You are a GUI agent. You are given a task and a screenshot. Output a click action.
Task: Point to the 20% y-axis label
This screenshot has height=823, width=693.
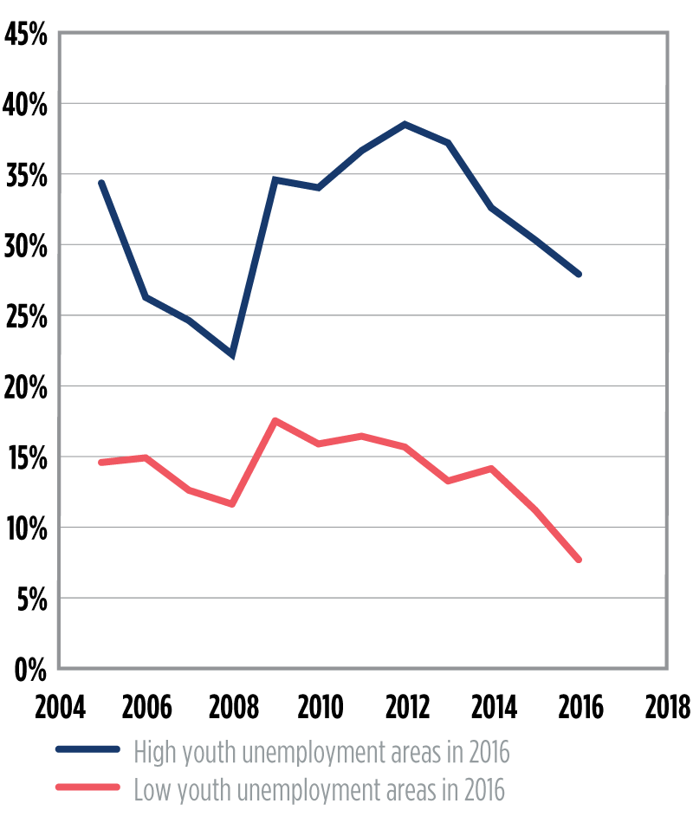[x=29, y=387]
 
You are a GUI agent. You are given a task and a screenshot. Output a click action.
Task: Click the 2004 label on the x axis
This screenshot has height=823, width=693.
[x=60, y=708]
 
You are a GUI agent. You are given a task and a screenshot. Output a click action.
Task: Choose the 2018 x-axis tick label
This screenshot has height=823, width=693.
[x=666, y=708]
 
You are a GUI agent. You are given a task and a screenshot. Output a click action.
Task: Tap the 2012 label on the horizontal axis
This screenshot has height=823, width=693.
[x=405, y=708]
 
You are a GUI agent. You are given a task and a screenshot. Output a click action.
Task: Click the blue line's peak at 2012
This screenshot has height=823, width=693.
[x=405, y=124]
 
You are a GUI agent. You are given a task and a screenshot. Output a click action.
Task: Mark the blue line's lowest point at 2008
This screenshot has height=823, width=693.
[x=231, y=355]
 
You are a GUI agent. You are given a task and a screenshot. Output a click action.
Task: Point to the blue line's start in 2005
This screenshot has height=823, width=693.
[x=101, y=183]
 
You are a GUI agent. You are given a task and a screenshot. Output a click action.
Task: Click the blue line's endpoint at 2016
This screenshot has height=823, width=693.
[x=579, y=274]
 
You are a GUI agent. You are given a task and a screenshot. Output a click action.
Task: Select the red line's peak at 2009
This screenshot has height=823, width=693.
[x=275, y=421]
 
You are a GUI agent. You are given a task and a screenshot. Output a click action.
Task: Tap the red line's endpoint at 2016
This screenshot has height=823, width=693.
[x=579, y=560]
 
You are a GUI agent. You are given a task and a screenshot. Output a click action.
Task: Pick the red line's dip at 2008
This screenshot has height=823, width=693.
[x=231, y=503]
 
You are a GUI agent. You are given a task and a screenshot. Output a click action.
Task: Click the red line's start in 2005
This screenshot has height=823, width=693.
[x=101, y=463]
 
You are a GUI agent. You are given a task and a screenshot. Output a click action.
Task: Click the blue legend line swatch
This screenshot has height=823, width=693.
[x=87, y=751]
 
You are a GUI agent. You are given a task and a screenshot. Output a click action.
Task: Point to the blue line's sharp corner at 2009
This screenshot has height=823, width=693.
[x=275, y=179]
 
